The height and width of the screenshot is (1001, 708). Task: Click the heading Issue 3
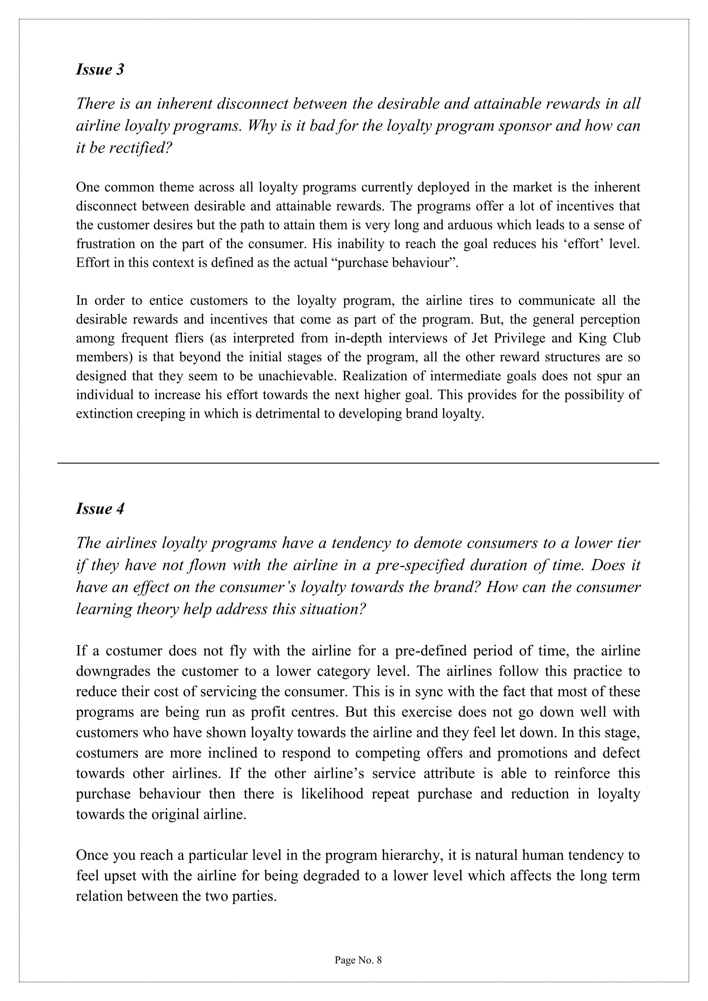pyautogui.click(x=100, y=70)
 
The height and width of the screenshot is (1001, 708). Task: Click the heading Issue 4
pyautogui.click(x=100, y=509)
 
